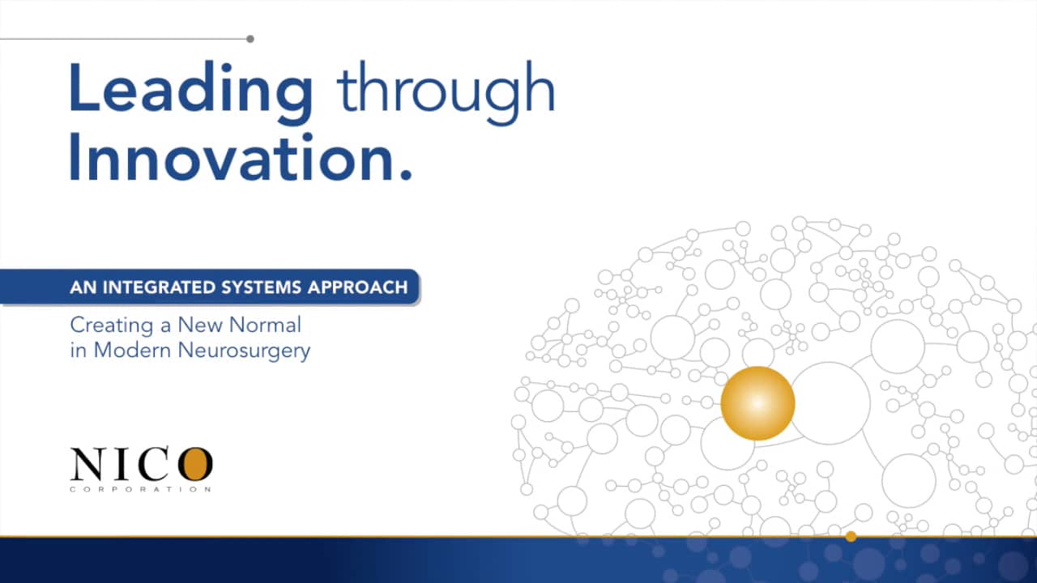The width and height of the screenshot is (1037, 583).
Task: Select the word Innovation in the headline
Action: point(232,158)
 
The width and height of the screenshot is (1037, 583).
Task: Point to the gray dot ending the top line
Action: point(250,39)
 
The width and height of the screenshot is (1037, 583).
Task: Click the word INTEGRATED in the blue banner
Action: point(160,287)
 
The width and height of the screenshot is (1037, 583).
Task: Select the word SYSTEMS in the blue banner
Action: point(262,287)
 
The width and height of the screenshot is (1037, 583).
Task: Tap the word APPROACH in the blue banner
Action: point(357,287)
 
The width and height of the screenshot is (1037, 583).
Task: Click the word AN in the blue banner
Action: point(83,287)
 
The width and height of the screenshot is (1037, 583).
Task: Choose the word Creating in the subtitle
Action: point(112,326)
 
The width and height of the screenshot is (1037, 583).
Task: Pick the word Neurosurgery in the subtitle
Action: point(244,351)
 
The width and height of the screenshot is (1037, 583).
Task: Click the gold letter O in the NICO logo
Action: point(196,464)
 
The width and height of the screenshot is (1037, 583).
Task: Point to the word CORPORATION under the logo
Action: point(141,489)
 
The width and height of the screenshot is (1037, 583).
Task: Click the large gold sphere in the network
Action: point(757,403)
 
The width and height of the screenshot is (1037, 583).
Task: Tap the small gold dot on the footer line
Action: point(851,537)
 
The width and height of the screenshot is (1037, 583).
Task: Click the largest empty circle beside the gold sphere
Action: point(869,403)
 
